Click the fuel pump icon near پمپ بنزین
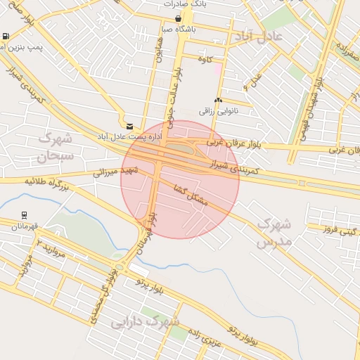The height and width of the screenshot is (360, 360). coord(6,36)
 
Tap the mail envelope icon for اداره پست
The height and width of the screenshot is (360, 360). coord(129,127)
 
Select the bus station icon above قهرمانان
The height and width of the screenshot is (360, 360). coord(25,216)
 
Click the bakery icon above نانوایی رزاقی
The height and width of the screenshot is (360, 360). coord(218,101)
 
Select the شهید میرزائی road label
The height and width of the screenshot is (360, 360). coord(116,171)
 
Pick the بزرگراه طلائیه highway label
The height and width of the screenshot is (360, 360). coord(49,184)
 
